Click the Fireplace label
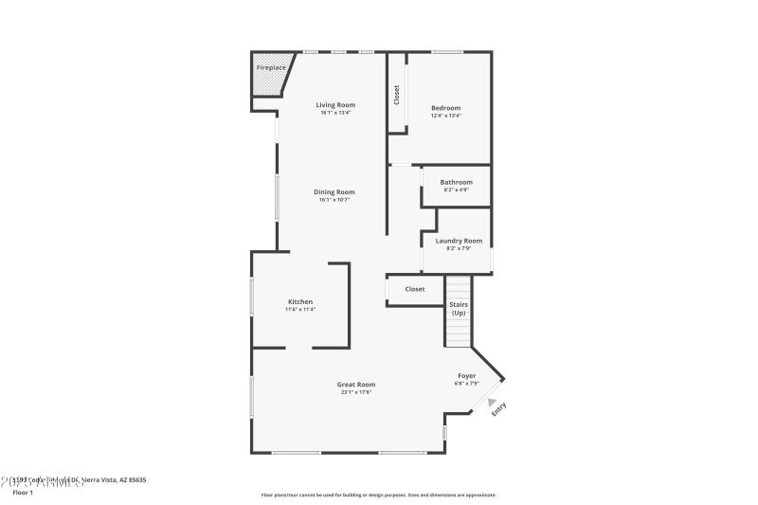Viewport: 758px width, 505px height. tap(271, 68)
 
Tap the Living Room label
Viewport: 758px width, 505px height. tap(335, 104)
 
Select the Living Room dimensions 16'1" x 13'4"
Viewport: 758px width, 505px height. tap(335, 113)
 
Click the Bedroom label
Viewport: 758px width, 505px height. tap(445, 108)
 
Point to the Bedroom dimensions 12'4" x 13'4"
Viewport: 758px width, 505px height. tap(445, 117)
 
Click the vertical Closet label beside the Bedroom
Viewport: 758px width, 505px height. tap(397, 96)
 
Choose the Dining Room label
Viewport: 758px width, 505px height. tap(334, 191)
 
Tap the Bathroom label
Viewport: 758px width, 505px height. tap(456, 182)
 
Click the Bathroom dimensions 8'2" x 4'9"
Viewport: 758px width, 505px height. tap(456, 190)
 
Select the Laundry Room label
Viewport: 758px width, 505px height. tap(459, 241)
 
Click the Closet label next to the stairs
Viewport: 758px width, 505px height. tap(415, 289)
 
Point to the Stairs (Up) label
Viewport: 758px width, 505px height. tap(459, 309)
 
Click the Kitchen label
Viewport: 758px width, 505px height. tap(300, 301)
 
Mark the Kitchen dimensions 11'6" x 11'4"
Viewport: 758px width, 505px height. tap(300, 310)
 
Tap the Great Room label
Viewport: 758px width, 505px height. tap(356, 384)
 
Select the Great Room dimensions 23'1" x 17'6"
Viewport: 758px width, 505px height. tap(356, 392)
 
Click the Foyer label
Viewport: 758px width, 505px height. tap(467, 375)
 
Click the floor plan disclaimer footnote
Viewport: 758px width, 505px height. tap(378, 495)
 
